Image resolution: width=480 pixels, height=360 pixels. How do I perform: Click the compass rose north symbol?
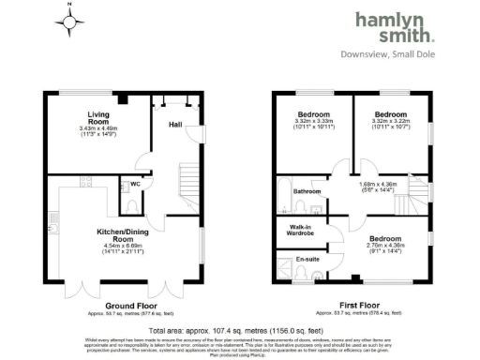coord(70,21)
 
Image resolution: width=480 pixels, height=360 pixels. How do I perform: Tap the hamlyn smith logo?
coord(395,27)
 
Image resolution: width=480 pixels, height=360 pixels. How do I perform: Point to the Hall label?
coord(174,124)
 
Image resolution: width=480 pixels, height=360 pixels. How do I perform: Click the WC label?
coord(136,184)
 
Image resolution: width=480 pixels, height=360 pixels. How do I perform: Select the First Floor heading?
coord(348,306)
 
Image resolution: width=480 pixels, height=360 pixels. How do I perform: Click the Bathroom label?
coord(307,191)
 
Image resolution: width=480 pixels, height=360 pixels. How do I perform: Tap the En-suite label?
coord(307,259)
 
